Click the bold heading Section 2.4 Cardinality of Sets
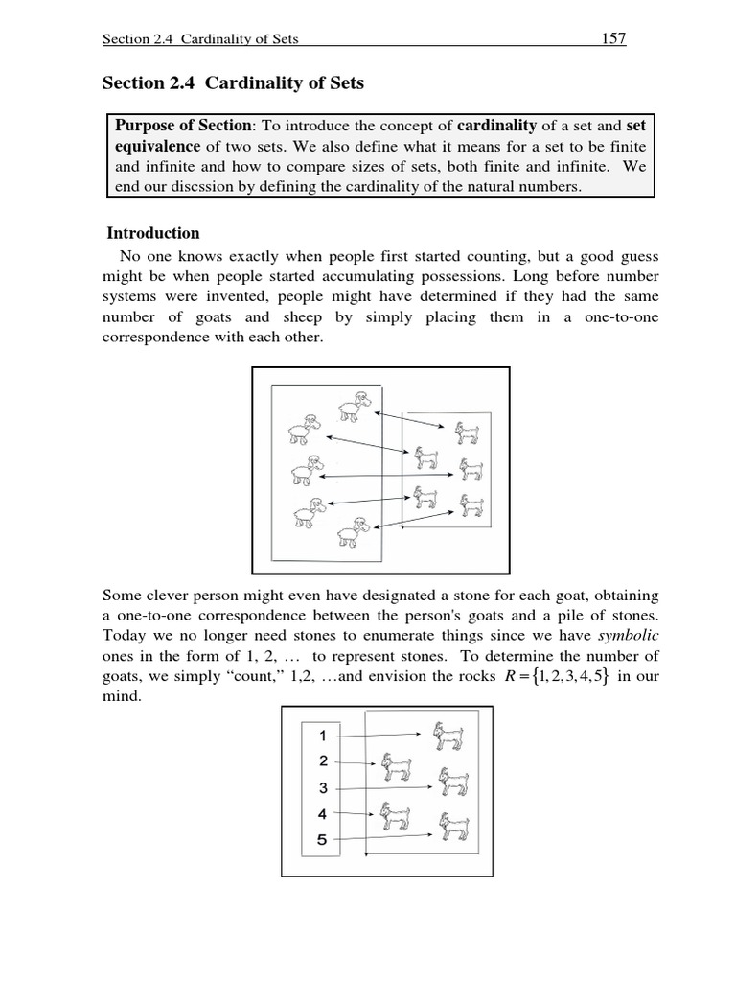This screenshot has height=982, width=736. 233,83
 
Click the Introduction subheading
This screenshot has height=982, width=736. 153,233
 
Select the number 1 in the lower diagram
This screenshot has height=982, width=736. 323,736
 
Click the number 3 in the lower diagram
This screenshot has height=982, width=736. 323,787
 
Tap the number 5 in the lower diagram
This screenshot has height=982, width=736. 323,840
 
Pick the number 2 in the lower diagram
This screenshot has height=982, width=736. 323,761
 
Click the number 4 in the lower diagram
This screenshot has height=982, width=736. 323,814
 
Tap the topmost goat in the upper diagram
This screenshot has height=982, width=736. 468,433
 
